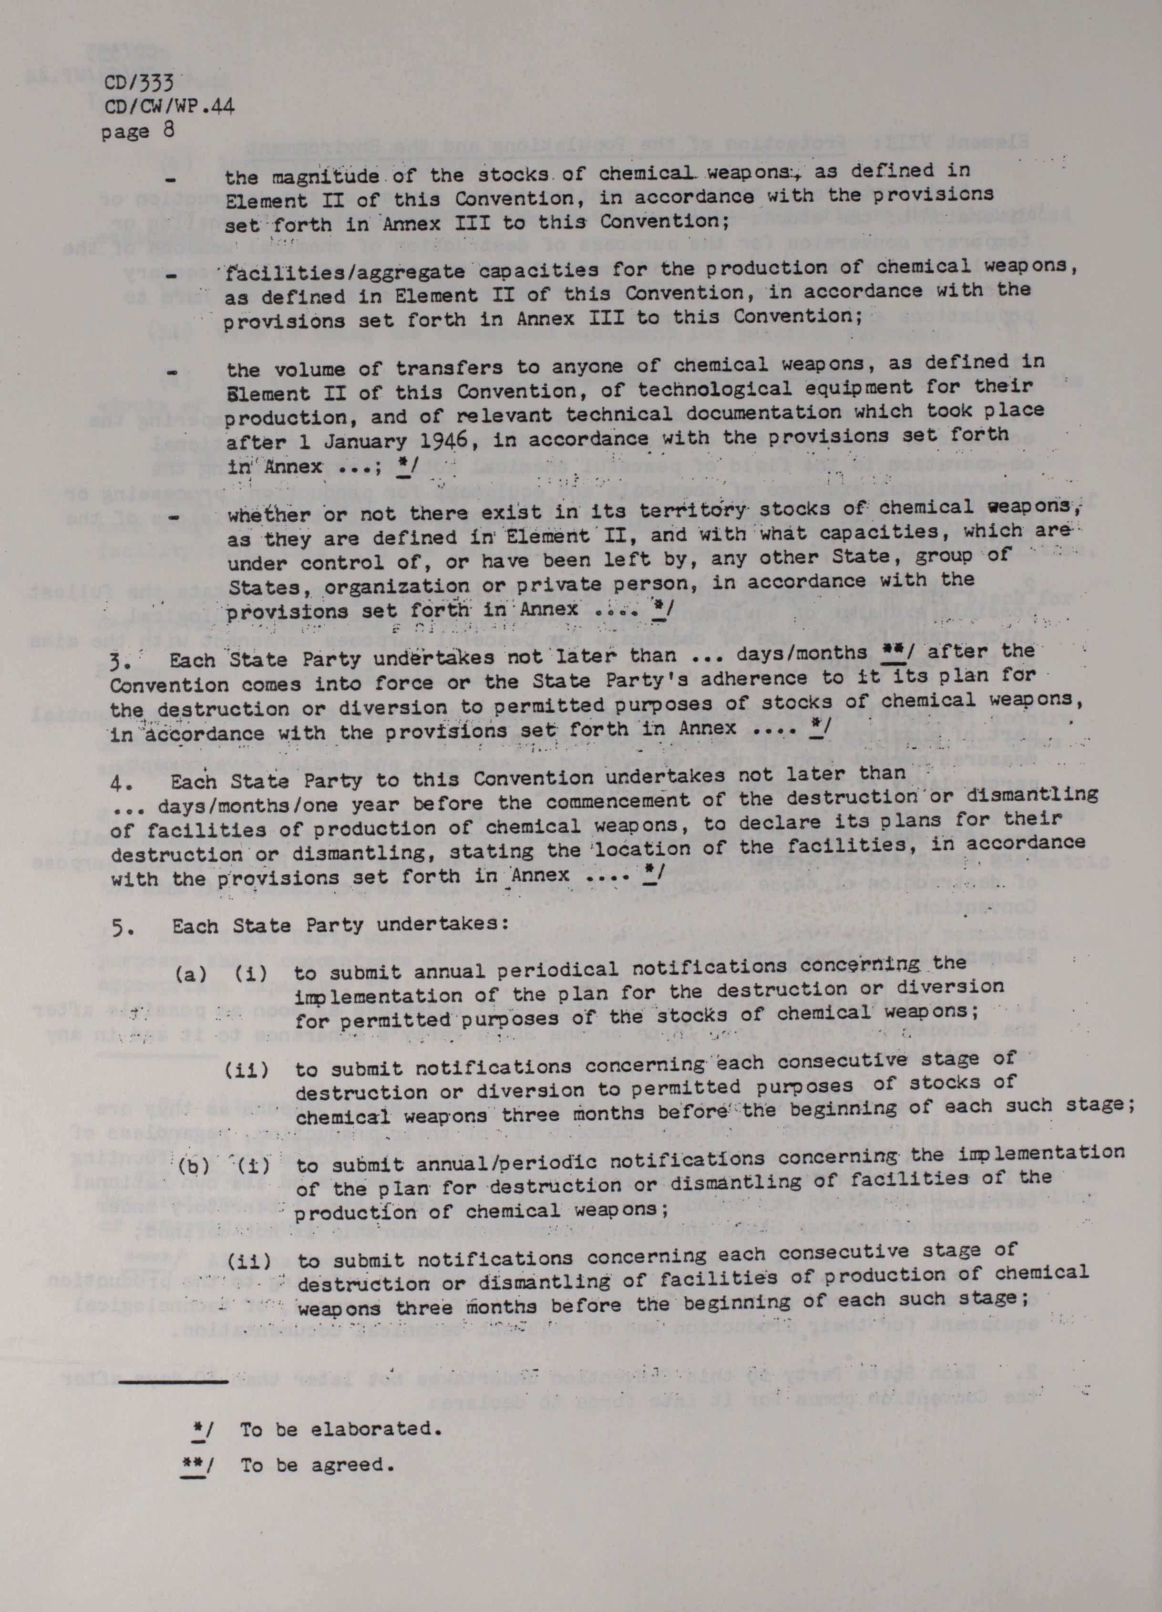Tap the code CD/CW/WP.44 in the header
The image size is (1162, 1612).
pos(169,107)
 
